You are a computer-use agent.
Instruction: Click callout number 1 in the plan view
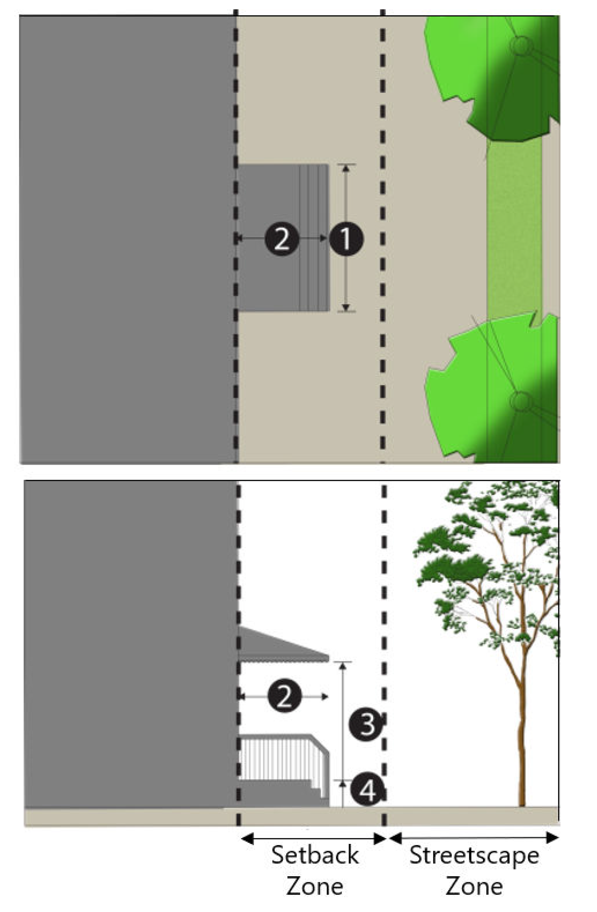tap(346, 239)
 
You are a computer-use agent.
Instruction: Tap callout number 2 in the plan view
tap(282, 239)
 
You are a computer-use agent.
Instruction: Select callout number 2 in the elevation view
tap(284, 696)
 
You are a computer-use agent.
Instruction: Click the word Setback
tap(315, 855)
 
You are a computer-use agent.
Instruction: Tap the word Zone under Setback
tap(315, 886)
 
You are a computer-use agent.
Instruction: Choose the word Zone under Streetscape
tap(474, 886)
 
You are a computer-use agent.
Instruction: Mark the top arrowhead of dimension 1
tap(346, 168)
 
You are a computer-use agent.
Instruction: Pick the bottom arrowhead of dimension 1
tap(346, 307)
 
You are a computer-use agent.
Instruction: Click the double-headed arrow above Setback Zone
tap(314, 839)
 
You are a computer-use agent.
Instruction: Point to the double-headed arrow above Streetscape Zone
tap(474, 838)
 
